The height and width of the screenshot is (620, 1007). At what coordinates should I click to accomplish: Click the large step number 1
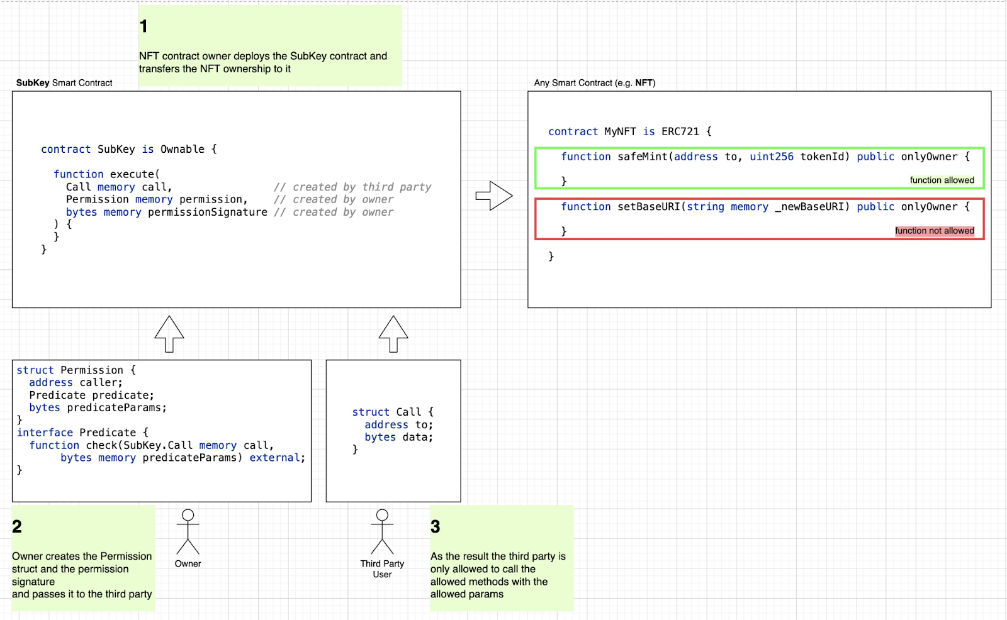point(143,26)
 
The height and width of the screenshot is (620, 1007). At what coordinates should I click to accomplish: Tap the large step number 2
point(17,526)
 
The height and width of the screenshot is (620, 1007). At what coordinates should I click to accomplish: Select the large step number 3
point(435,526)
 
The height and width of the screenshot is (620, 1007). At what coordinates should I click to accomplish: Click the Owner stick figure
point(188,531)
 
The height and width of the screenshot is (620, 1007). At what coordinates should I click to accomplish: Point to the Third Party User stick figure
point(382,531)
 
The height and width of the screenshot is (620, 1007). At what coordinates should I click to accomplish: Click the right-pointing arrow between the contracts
point(494,196)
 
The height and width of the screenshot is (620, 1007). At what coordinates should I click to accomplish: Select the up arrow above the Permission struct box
point(169,334)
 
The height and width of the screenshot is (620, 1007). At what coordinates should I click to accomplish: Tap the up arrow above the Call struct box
point(393,334)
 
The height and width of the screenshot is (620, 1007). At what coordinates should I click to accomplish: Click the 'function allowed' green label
point(942,180)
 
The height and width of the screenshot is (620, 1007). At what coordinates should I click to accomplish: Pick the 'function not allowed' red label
point(935,231)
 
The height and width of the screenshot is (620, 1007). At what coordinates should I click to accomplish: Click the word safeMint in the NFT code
point(643,157)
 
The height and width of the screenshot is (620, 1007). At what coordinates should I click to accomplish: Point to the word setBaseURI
point(649,207)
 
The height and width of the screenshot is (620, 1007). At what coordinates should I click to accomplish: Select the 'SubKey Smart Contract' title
point(64,82)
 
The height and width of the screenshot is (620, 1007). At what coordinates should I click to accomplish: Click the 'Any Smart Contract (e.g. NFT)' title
point(595,82)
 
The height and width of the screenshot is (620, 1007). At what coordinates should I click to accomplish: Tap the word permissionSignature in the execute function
point(208,212)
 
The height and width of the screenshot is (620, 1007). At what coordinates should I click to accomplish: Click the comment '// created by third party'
point(352,187)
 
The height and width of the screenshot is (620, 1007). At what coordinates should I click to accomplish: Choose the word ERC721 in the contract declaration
point(680,131)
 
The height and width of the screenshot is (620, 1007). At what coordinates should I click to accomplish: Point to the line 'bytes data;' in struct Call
point(399,437)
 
